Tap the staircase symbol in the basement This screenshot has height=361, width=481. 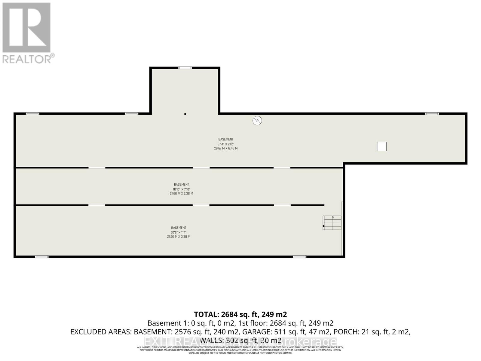tap(332, 223)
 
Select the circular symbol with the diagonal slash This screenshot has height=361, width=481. tap(257, 121)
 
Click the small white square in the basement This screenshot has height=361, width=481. tap(382, 147)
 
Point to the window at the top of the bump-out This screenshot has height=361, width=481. tap(185, 68)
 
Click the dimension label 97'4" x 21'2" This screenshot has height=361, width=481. tap(226, 144)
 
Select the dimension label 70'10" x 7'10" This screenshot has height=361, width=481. tap(181, 189)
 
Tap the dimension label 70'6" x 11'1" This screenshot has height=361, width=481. tap(179, 233)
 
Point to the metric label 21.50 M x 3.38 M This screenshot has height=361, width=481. tap(179, 237)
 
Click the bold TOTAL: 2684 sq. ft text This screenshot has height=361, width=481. tap(240, 314)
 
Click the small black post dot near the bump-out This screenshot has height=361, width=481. tap(185, 114)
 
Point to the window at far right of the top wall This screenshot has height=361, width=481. tap(432, 114)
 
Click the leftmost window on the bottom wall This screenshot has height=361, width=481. tap(42, 257)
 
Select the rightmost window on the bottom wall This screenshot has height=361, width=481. tap(299, 257)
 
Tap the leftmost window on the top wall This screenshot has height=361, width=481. tap(32, 114)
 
